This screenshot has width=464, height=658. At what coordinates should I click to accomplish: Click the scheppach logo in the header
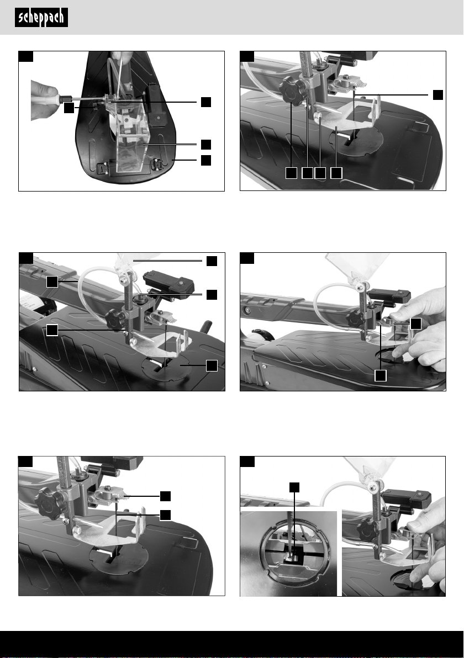point(41,18)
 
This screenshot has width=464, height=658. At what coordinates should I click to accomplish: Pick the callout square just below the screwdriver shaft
point(69,108)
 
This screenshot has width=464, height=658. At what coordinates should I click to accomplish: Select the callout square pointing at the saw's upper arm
point(52,282)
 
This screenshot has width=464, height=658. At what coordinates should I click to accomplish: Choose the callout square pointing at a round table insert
point(212,365)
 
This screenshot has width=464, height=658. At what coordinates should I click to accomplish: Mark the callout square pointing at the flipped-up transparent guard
point(212,261)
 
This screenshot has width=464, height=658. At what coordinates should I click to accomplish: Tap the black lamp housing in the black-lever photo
point(169,283)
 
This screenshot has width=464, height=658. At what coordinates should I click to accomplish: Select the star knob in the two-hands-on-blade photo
point(356,320)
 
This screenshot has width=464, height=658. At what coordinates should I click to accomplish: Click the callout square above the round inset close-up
point(295,487)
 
